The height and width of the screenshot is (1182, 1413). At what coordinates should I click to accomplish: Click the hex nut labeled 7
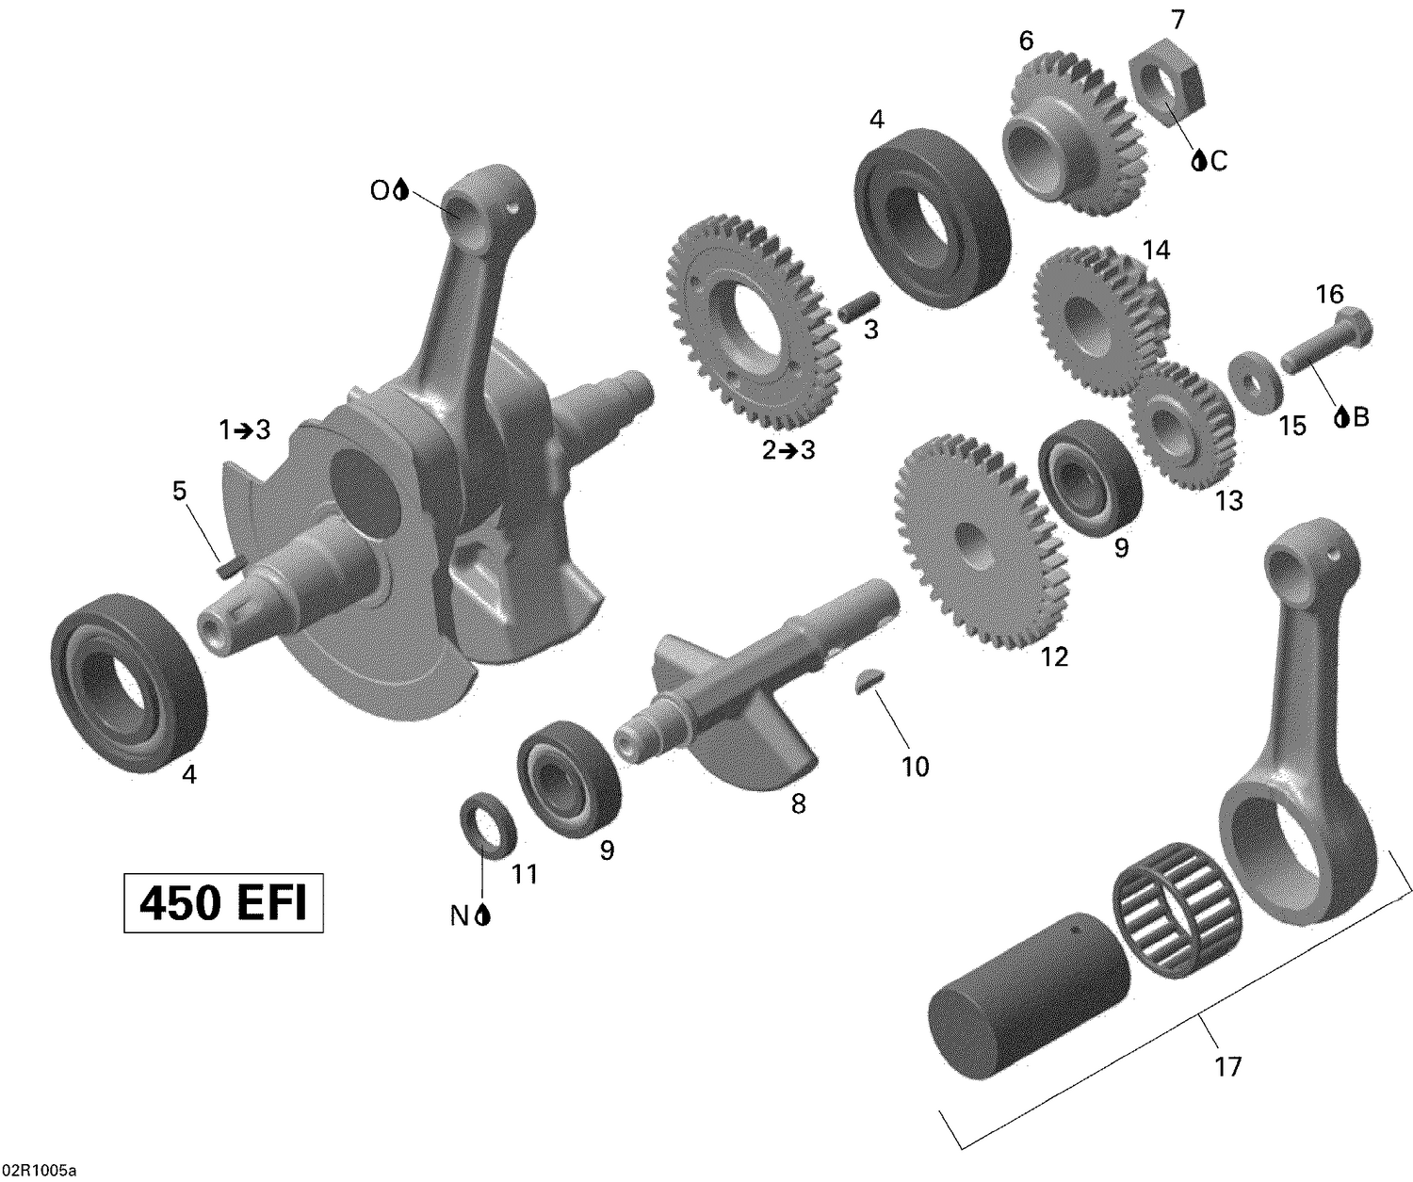pos(1168,89)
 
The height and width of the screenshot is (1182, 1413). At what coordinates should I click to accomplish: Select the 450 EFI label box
pos(223,904)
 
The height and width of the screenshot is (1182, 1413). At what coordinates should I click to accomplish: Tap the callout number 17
pos(1228,1066)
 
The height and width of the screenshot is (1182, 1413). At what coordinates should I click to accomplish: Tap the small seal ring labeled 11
pos(488,820)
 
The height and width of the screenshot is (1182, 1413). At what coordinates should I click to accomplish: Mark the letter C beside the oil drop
pos(1219,162)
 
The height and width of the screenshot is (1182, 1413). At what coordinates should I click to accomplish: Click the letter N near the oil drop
pos(459,915)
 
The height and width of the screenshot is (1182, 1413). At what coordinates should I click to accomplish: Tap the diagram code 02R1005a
pos(39,1171)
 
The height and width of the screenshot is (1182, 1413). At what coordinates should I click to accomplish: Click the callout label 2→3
pos(788,450)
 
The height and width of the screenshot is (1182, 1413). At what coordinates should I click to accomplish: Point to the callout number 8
pos(798,805)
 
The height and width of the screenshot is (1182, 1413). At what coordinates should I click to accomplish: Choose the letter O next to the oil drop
pos(379,191)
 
